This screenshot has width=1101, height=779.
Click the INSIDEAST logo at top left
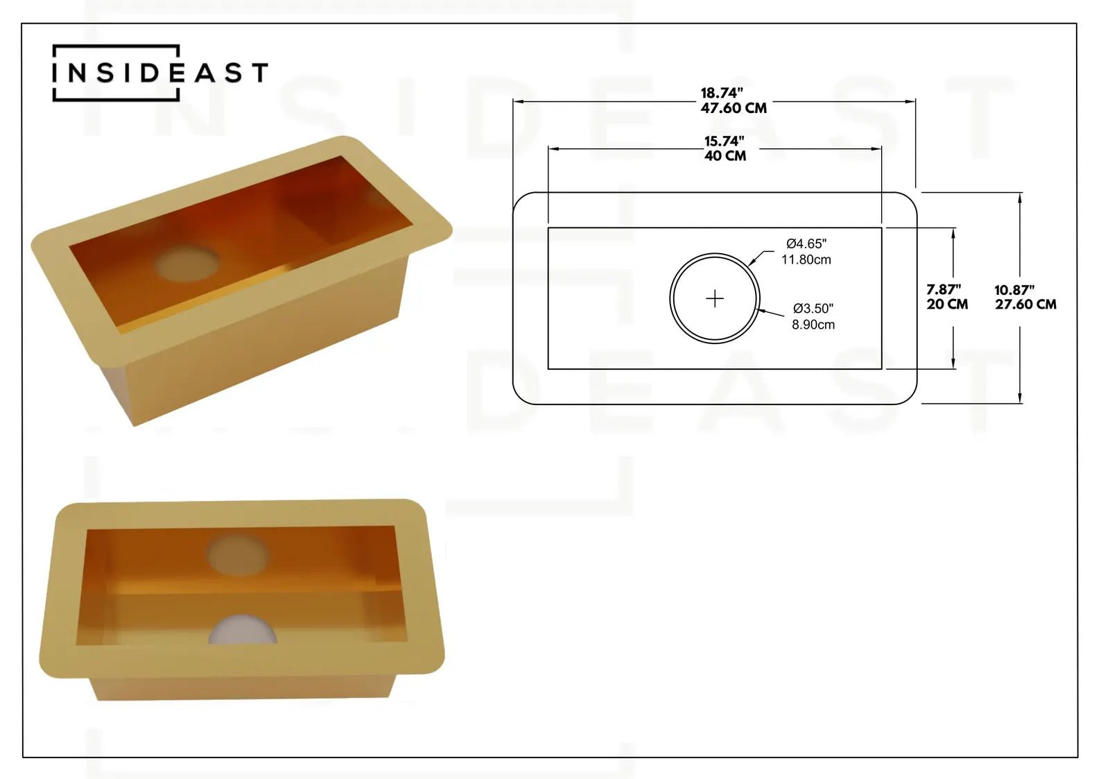(159, 73)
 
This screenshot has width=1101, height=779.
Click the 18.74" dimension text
(722, 93)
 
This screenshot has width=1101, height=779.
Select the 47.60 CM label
(734, 108)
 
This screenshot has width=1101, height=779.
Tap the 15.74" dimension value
(725, 141)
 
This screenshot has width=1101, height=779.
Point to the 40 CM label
(725, 156)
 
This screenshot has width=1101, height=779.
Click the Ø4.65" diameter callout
(806, 243)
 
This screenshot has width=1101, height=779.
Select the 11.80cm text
(806, 259)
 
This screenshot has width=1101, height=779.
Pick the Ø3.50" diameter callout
(813, 308)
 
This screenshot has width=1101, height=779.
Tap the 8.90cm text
(813, 324)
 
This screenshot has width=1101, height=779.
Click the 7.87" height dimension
(944, 289)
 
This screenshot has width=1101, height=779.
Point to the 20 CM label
(947, 305)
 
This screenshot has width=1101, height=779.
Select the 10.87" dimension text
(1014, 290)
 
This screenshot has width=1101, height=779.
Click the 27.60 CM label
(1025, 305)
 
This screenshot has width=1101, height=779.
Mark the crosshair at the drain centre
(715, 298)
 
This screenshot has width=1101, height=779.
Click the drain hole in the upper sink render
(187, 264)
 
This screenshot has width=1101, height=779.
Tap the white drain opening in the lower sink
(243, 631)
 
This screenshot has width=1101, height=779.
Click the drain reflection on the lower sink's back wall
(238, 555)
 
